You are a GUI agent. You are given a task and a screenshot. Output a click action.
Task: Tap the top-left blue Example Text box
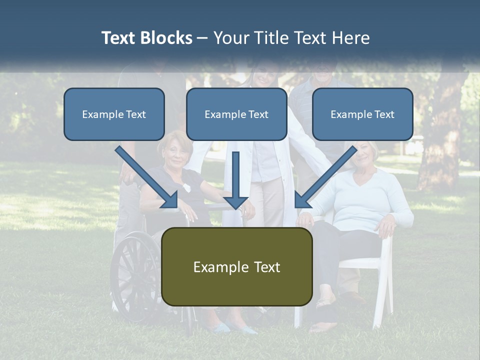(x=114, y=114)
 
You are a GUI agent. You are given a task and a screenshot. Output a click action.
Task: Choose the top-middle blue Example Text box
(x=236, y=114)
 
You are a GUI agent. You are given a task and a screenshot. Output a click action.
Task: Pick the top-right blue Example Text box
(x=362, y=114)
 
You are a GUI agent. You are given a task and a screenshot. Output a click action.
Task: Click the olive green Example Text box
(x=236, y=267)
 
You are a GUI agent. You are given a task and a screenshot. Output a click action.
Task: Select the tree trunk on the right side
(x=440, y=140)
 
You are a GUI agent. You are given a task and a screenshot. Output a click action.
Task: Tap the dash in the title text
(x=202, y=38)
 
